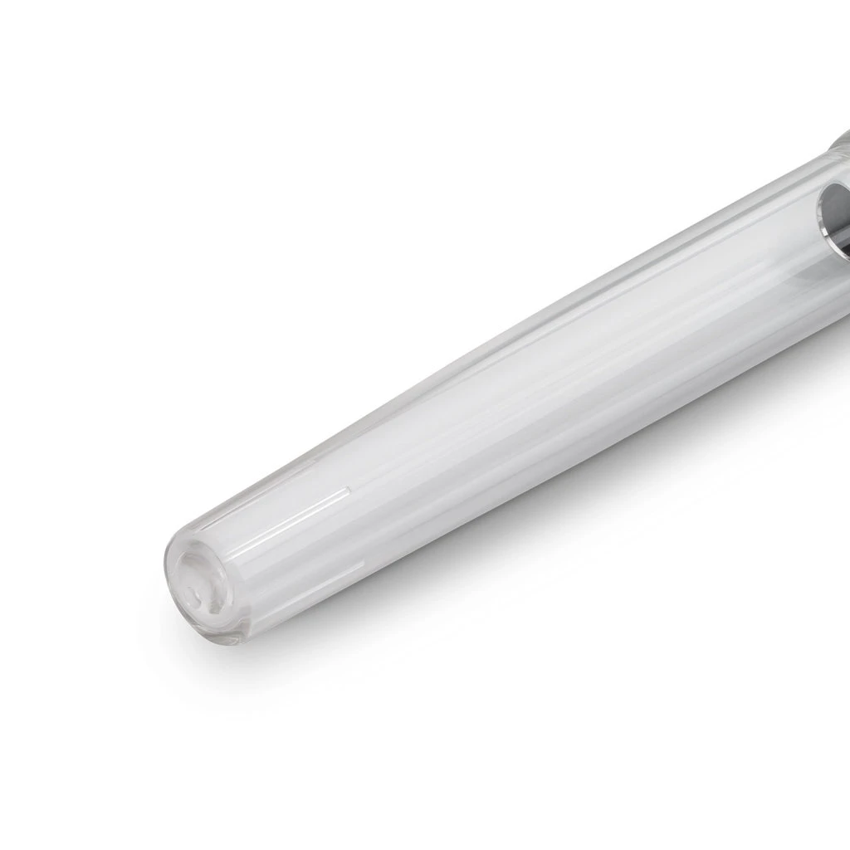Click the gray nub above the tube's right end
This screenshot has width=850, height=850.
click(840, 141)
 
